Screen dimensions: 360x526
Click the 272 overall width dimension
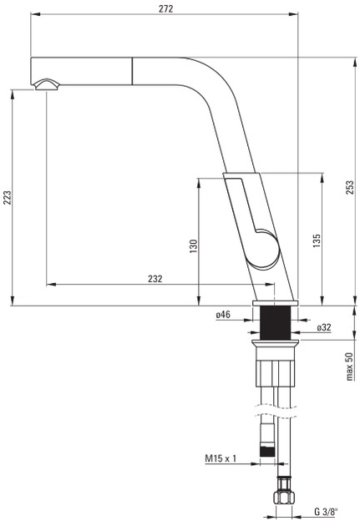click(165, 8)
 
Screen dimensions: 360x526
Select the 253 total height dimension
click(350, 187)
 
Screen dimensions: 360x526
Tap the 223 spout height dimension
click(8, 198)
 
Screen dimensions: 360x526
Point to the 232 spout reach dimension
click(155, 279)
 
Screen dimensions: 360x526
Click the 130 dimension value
click(194, 246)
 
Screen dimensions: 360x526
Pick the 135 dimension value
click(317, 240)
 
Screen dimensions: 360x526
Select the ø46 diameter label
click(223, 314)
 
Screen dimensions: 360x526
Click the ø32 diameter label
click(324, 327)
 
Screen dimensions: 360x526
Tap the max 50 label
click(349, 366)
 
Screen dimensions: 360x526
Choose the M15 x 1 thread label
click(221, 458)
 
